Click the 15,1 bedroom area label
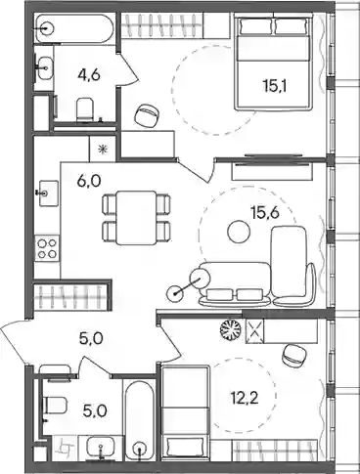coord(274,86)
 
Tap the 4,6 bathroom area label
coord(88,75)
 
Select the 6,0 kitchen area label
coord(89,180)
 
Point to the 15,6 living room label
coord(266,213)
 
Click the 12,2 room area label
coord(244,398)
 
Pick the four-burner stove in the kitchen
coord(47,248)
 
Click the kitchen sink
coord(49,194)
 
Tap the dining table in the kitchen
coord(136,218)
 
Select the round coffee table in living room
coord(239,231)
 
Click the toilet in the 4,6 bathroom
coord(85,109)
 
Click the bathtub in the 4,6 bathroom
coord(74,28)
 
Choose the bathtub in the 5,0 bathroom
coord(140,419)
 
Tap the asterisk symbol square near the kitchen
coord(103,149)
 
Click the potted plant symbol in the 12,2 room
coord(231,329)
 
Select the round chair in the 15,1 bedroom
coord(147,115)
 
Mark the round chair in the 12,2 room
coord(294,356)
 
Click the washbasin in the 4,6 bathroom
coord(44,68)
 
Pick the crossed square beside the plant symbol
coord(254,331)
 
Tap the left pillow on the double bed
coord(255,26)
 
